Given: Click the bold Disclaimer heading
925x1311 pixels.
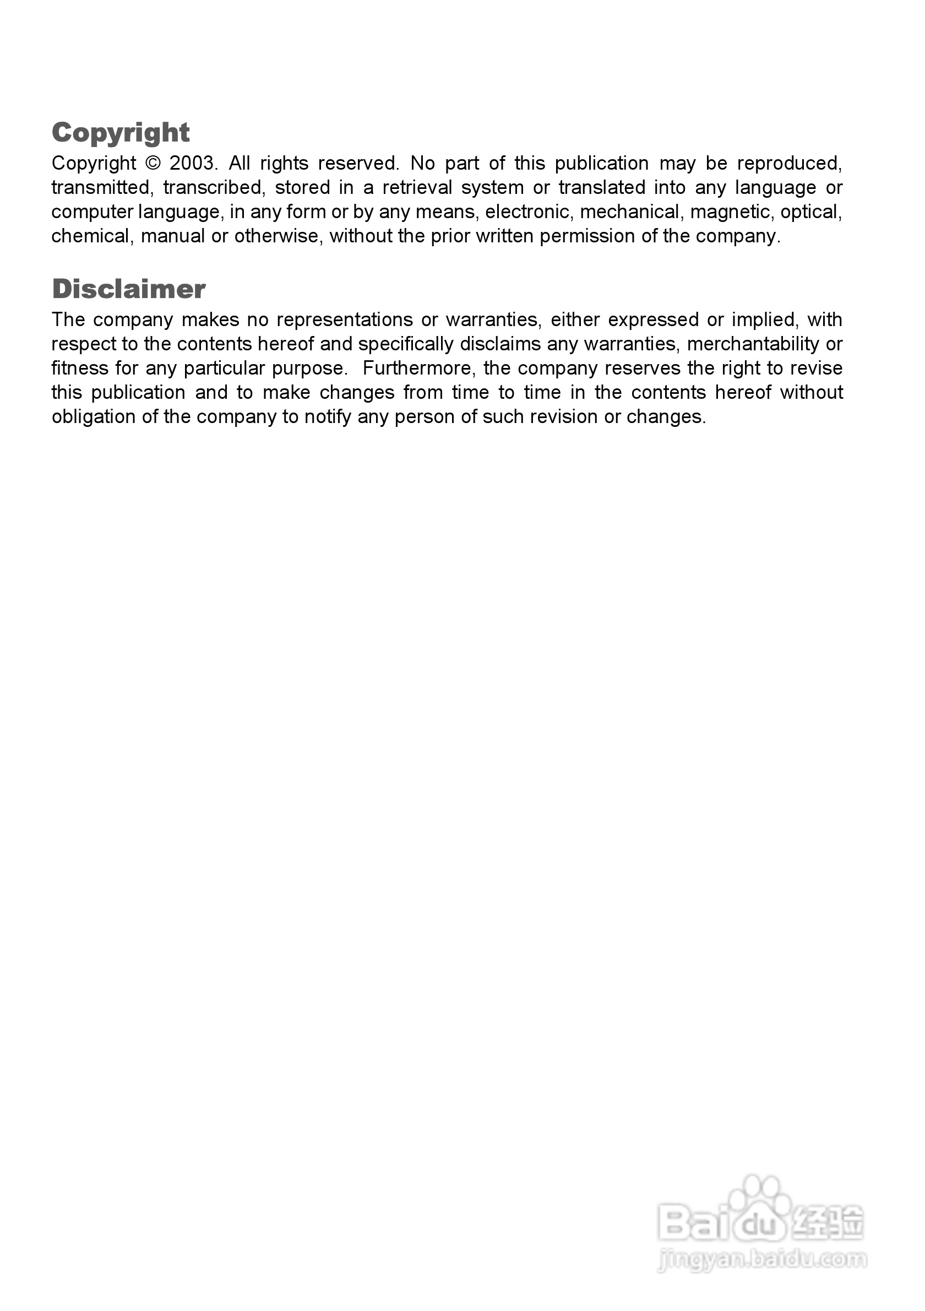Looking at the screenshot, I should click(128, 289).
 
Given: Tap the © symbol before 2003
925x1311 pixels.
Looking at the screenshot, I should click(153, 163).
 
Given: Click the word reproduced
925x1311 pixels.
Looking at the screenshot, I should click(789, 163).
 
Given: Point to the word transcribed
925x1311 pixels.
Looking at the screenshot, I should click(213, 188).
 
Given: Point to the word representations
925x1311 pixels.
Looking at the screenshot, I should click(345, 319).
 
